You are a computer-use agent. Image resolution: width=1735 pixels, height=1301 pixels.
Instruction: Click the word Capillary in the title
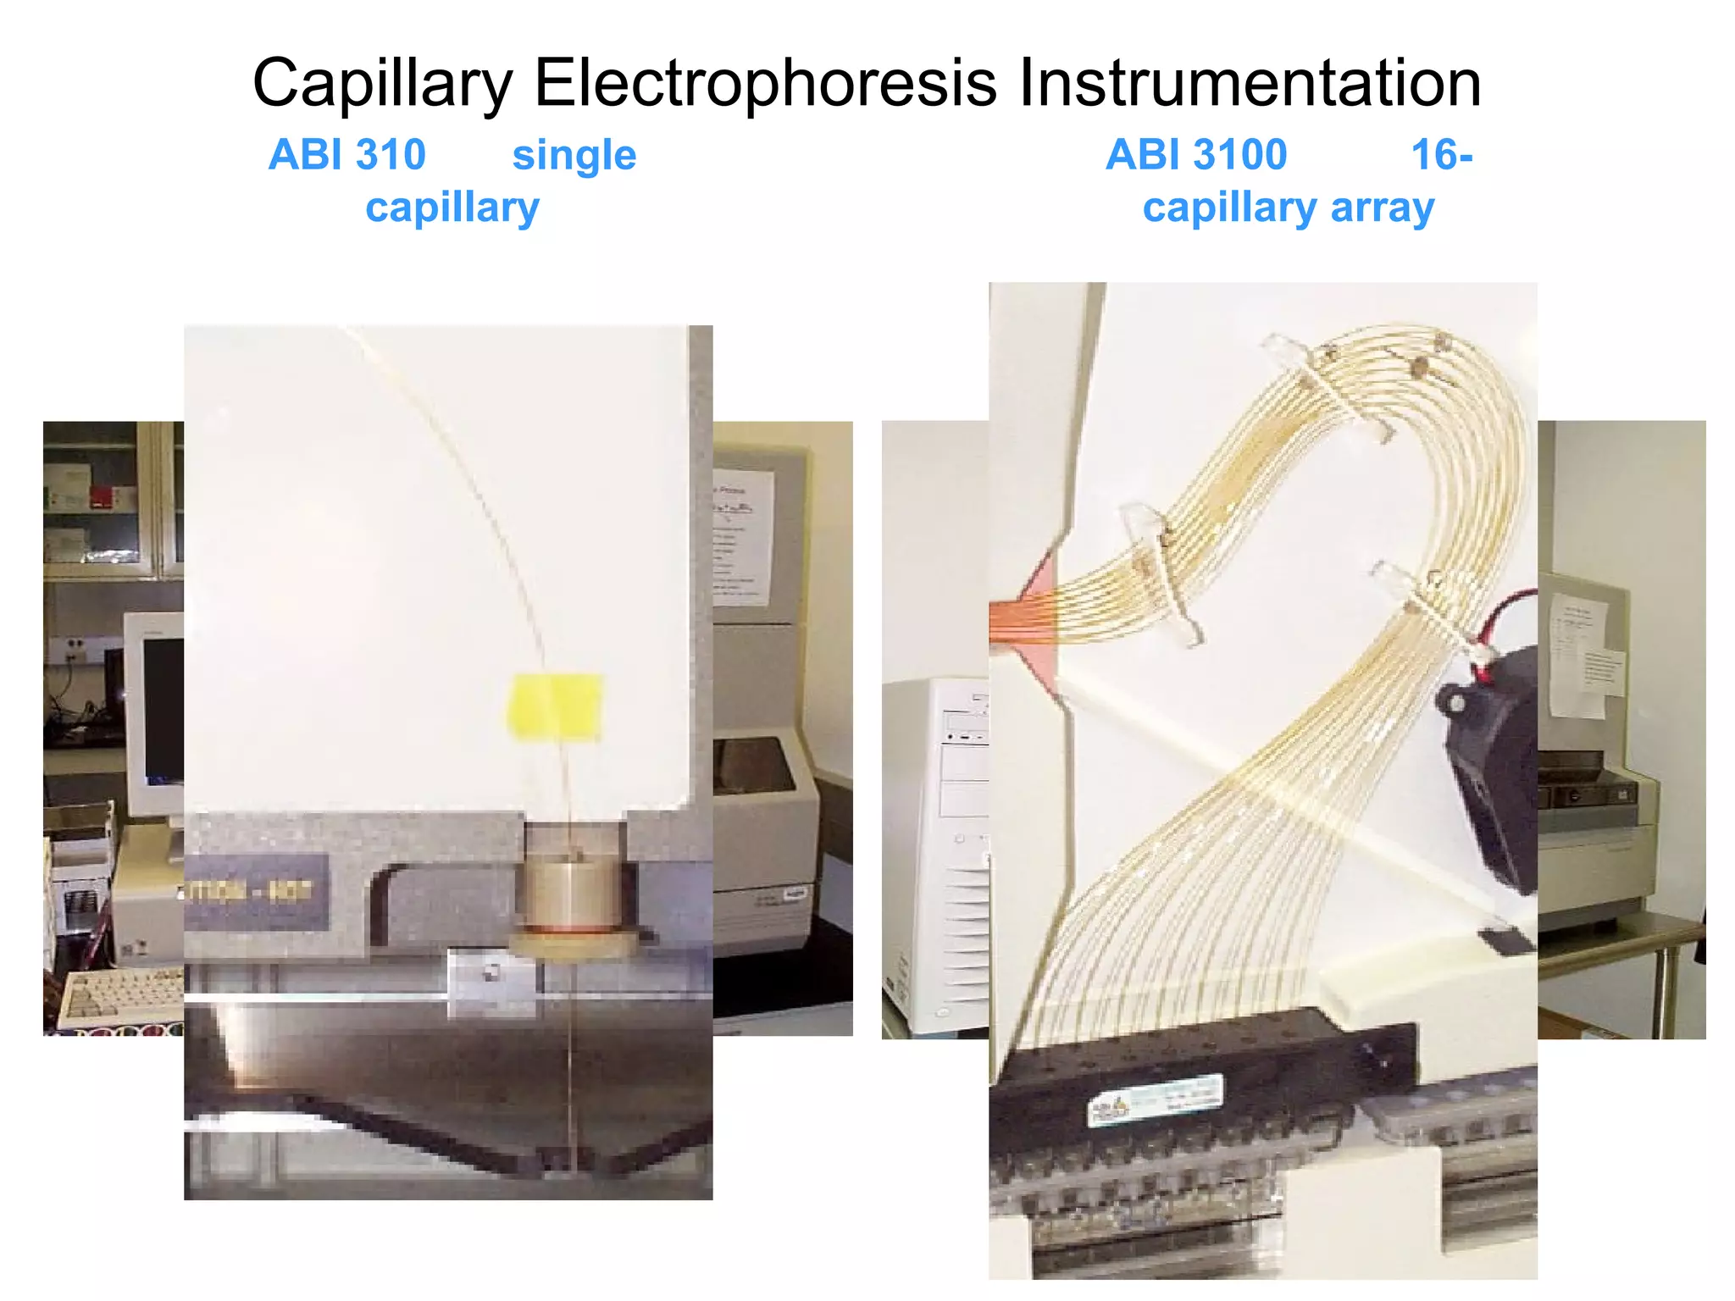[382, 84]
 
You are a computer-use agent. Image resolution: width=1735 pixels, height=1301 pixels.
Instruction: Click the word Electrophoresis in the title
[765, 84]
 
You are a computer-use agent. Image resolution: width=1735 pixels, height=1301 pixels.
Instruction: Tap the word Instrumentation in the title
[1250, 84]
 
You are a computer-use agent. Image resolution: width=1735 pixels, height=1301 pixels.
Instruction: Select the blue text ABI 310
[346, 155]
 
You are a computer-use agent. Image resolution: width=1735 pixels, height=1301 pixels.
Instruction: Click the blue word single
[574, 156]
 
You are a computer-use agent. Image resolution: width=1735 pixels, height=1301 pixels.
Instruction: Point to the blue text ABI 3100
[1196, 155]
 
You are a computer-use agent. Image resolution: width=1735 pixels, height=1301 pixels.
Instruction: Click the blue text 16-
[1442, 155]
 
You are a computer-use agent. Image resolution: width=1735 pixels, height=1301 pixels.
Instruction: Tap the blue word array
[1383, 208]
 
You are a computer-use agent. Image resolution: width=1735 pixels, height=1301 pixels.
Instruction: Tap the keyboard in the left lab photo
[119, 995]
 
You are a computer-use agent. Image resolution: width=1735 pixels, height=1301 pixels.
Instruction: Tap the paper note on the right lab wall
[1577, 652]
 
